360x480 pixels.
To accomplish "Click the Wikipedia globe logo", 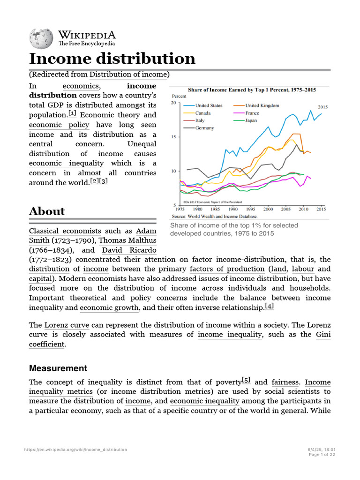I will tap(41, 38).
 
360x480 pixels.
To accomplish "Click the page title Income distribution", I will tap(112, 59).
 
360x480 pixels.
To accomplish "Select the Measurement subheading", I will tap(58, 368).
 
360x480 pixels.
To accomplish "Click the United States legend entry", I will tap(209, 105).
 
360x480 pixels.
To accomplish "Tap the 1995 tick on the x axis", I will tap(251, 209).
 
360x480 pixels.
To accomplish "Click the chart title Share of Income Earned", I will tap(252, 89).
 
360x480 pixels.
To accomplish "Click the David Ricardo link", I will tap(129, 250).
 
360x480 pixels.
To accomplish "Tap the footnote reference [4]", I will tap(269, 306).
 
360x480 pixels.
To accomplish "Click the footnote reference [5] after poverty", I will tap(246, 380).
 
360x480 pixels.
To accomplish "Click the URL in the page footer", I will tap(75, 450).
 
